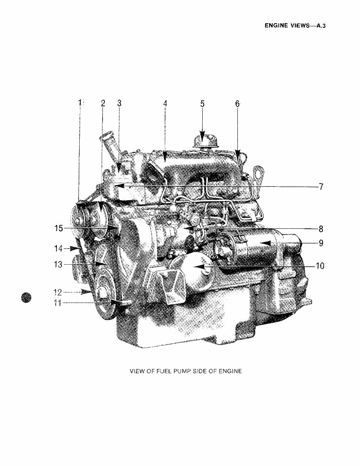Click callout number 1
(x=80, y=103)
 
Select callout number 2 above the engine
(x=103, y=103)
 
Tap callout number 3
(x=119, y=103)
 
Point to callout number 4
(x=165, y=104)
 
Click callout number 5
(x=202, y=104)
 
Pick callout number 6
(x=237, y=104)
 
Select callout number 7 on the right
(x=321, y=187)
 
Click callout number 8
(x=321, y=228)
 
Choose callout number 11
(x=58, y=303)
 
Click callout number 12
(x=58, y=292)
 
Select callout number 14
(x=58, y=248)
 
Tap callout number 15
(x=58, y=228)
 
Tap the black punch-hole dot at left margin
(x=26, y=298)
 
